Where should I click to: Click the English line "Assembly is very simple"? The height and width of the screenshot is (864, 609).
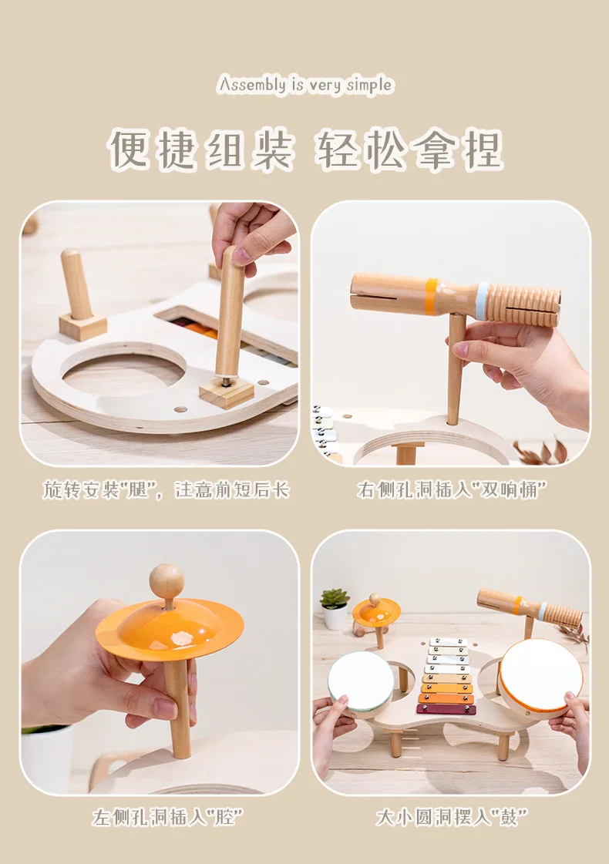click(304, 86)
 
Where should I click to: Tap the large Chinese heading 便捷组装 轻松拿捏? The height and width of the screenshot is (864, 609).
click(304, 150)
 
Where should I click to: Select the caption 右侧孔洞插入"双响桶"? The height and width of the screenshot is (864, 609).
click(452, 489)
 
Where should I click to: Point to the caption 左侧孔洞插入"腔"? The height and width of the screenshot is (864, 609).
click(167, 817)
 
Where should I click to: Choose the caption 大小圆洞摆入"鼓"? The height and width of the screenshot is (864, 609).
click(452, 817)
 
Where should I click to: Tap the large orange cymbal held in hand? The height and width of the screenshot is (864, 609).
click(169, 629)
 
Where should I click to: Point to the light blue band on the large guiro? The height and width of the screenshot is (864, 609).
click(483, 301)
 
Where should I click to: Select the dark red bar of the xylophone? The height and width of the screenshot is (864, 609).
click(446, 710)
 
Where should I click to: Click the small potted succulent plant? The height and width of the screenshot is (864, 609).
click(335, 608)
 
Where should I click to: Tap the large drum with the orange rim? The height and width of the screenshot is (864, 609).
click(540, 676)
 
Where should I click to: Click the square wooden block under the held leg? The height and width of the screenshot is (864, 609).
click(227, 392)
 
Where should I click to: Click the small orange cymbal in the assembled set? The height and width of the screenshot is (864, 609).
click(376, 610)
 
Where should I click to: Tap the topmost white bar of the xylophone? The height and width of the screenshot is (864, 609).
click(448, 642)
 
